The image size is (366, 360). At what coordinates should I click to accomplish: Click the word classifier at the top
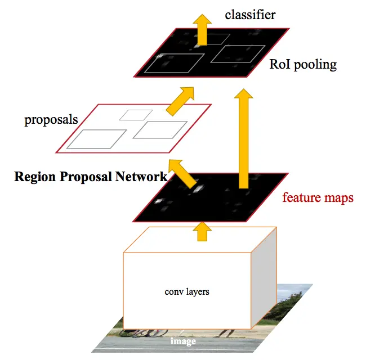point(250,14)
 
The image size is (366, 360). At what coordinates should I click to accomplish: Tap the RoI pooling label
point(303,64)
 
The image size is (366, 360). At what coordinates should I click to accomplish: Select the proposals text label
point(51,120)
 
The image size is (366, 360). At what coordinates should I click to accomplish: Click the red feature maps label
point(318,197)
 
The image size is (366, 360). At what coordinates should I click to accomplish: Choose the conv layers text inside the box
point(186,292)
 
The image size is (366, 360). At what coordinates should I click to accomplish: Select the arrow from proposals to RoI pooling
point(180,100)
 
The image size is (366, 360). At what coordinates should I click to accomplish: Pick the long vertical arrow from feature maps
point(243,138)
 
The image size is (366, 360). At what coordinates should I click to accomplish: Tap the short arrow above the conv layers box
point(201,231)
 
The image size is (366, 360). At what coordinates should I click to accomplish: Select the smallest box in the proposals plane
point(136,115)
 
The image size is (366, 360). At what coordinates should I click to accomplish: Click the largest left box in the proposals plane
point(97,138)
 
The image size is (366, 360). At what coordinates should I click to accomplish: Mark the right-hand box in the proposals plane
point(160,129)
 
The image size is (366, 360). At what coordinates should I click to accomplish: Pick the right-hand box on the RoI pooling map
point(237,54)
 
